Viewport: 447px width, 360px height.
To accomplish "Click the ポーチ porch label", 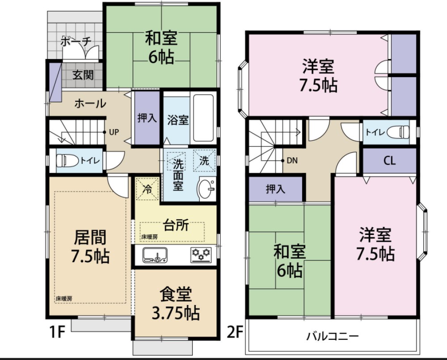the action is [x=76, y=41].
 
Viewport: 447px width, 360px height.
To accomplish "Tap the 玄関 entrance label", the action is [x=83, y=75].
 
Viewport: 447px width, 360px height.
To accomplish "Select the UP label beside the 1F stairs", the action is [x=114, y=133].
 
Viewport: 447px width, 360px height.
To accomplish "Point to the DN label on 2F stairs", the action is [x=292, y=161].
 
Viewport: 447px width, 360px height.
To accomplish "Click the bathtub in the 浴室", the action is [x=203, y=118].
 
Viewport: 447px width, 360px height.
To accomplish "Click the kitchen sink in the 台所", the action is [x=155, y=255].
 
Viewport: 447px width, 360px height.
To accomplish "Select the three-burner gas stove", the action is [x=201, y=255].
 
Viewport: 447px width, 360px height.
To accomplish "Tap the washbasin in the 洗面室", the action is [x=206, y=188].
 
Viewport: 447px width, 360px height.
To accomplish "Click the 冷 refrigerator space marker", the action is [x=148, y=189].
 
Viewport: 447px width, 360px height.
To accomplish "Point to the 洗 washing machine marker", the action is [x=204, y=161].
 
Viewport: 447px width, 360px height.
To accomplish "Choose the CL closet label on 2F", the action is [x=389, y=161].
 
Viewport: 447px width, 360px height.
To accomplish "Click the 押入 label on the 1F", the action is [x=147, y=117].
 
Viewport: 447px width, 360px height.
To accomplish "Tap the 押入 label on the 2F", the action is [x=275, y=189].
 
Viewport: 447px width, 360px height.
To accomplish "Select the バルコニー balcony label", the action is [x=333, y=337].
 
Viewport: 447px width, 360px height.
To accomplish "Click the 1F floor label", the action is [x=58, y=332].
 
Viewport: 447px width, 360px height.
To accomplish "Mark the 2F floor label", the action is [x=235, y=332].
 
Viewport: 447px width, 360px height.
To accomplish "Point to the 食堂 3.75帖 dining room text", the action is [x=175, y=304].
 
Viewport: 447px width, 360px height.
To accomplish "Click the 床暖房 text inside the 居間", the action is [x=64, y=299].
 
